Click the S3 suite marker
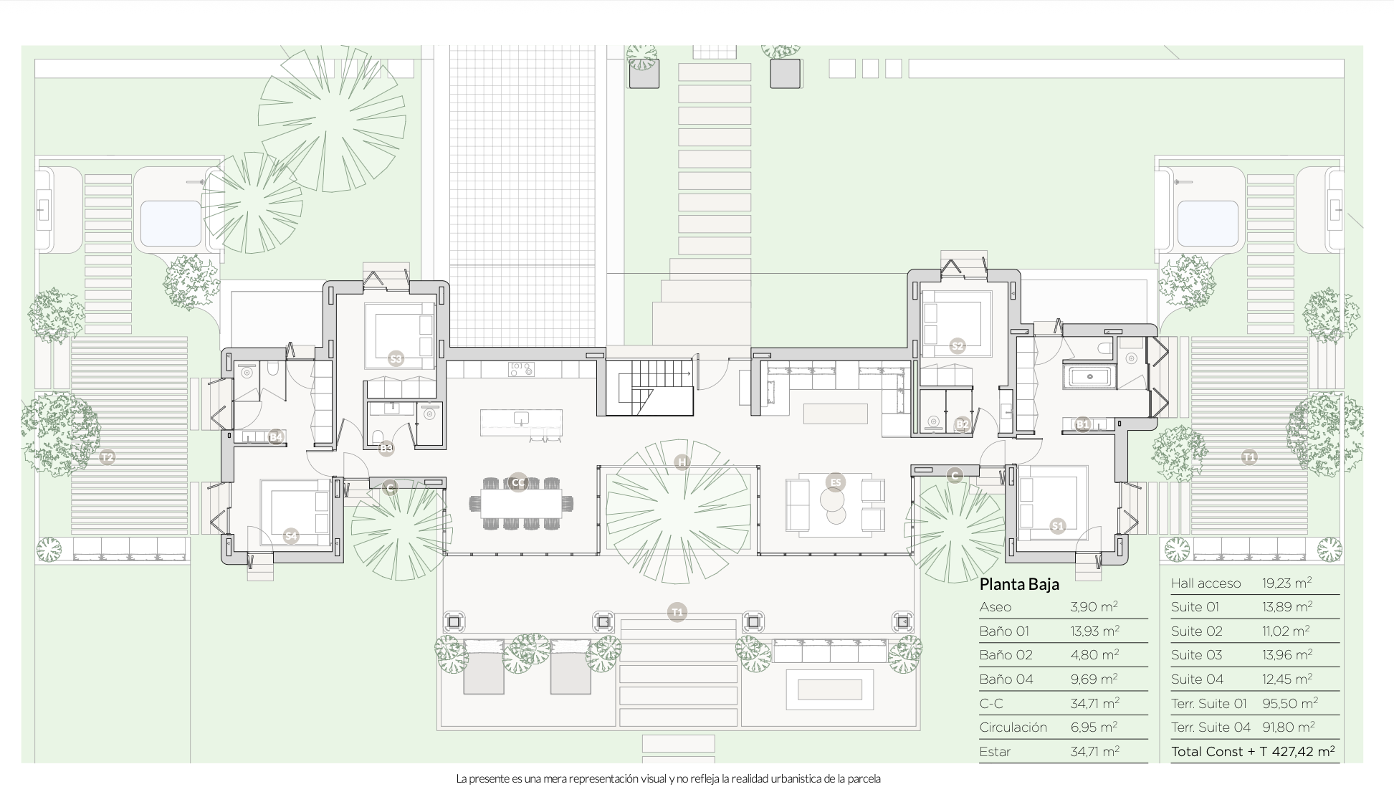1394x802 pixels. point(396,358)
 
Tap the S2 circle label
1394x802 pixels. point(958,346)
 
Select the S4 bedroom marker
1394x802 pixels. point(290,535)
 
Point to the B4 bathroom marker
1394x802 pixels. point(276,436)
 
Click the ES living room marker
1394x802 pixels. point(835,482)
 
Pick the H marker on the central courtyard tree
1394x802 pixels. point(682,463)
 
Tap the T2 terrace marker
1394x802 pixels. point(107,457)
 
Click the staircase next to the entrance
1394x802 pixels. point(650,388)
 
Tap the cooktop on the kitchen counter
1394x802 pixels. point(521,369)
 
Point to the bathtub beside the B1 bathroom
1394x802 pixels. point(1089,377)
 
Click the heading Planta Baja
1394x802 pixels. point(1019,584)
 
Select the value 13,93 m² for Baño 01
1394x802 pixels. point(1094,631)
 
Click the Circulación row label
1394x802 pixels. point(1013,727)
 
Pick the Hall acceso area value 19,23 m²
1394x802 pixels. point(1286,583)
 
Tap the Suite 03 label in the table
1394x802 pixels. point(1196,655)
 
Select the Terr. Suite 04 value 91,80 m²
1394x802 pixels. point(1288,727)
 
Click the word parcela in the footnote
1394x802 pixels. point(864,779)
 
